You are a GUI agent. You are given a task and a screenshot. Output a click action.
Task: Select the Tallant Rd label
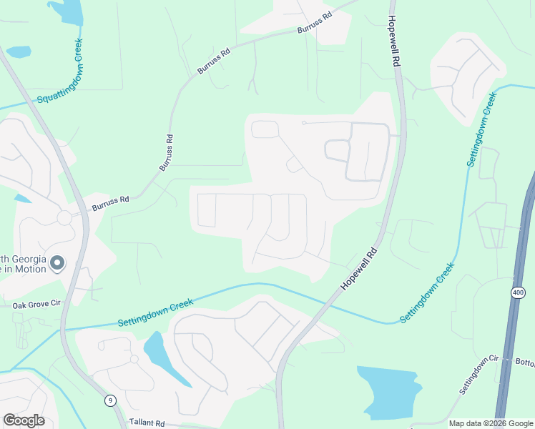click(x=146, y=423)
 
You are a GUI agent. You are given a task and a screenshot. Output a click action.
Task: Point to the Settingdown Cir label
click(x=478, y=375)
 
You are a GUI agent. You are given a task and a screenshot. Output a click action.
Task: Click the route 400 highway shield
click(x=518, y=292)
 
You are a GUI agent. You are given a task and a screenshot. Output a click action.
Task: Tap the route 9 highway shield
click(x=110, y=400)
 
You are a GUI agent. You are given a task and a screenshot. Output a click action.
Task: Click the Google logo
click(x=24, y=420)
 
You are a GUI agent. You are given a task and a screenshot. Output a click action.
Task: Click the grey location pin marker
click(x=58, y=264)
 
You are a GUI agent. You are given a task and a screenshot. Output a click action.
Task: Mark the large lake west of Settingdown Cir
click(x=389, y=391)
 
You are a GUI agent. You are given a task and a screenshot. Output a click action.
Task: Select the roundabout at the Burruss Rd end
click(x=64, y=217)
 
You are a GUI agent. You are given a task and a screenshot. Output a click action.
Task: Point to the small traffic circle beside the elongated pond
click(x=134, y=358)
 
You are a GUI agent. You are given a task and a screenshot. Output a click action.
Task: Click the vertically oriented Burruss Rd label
click(x=166, y=152)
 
